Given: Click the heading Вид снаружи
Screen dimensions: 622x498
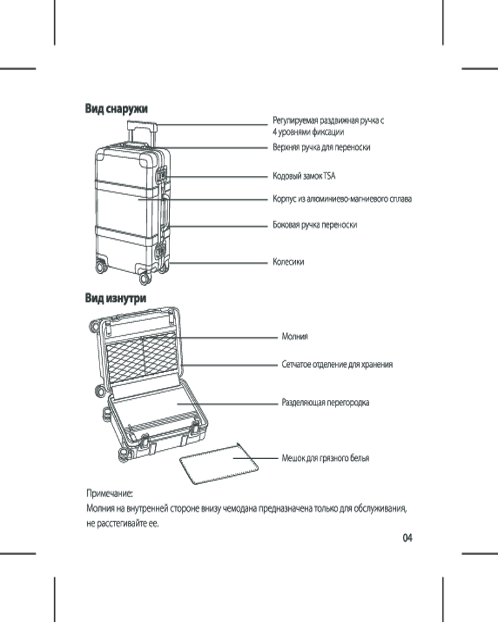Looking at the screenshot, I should [x=116, y=109].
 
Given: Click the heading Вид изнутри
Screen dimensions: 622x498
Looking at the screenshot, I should [x=116, y=299].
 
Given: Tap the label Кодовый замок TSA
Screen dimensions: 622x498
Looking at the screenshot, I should [x=304, y=177].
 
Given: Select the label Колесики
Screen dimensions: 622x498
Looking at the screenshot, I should [x=288, y=262].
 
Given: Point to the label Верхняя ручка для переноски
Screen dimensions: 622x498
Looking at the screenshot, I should [x=322, y=148].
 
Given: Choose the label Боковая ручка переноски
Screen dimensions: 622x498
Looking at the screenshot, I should [x=315, y=225].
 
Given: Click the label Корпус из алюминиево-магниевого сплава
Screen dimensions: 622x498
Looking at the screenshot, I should [x=342, y=199].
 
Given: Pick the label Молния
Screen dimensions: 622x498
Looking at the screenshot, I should [x=294, y=337].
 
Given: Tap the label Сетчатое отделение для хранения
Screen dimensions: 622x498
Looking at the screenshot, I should [x=337, y=364].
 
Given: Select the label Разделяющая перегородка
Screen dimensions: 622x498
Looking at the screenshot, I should [x=325, y=402].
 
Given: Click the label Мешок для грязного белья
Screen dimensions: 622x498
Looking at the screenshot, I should [x=325, y=458].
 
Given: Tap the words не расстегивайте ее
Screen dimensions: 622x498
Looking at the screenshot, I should [x=123, y=524].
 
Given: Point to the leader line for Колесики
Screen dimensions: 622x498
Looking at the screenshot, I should [x=218, y=262].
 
